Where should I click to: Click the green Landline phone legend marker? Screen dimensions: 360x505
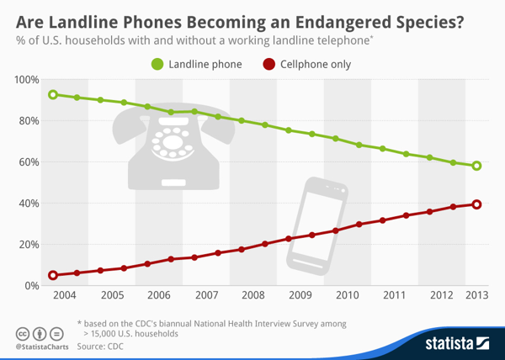157,64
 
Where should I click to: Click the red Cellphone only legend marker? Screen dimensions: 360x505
268,64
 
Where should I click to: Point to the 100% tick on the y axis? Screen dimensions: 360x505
26,80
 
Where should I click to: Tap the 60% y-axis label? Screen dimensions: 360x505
28,162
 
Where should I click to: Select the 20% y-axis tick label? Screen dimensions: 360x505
28,245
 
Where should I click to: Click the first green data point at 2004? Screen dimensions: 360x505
53,95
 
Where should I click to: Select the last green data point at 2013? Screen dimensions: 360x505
476,166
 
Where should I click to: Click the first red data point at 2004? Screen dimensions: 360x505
53,275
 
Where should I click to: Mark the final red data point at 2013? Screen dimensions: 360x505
476,204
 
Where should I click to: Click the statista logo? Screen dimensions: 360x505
457,342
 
